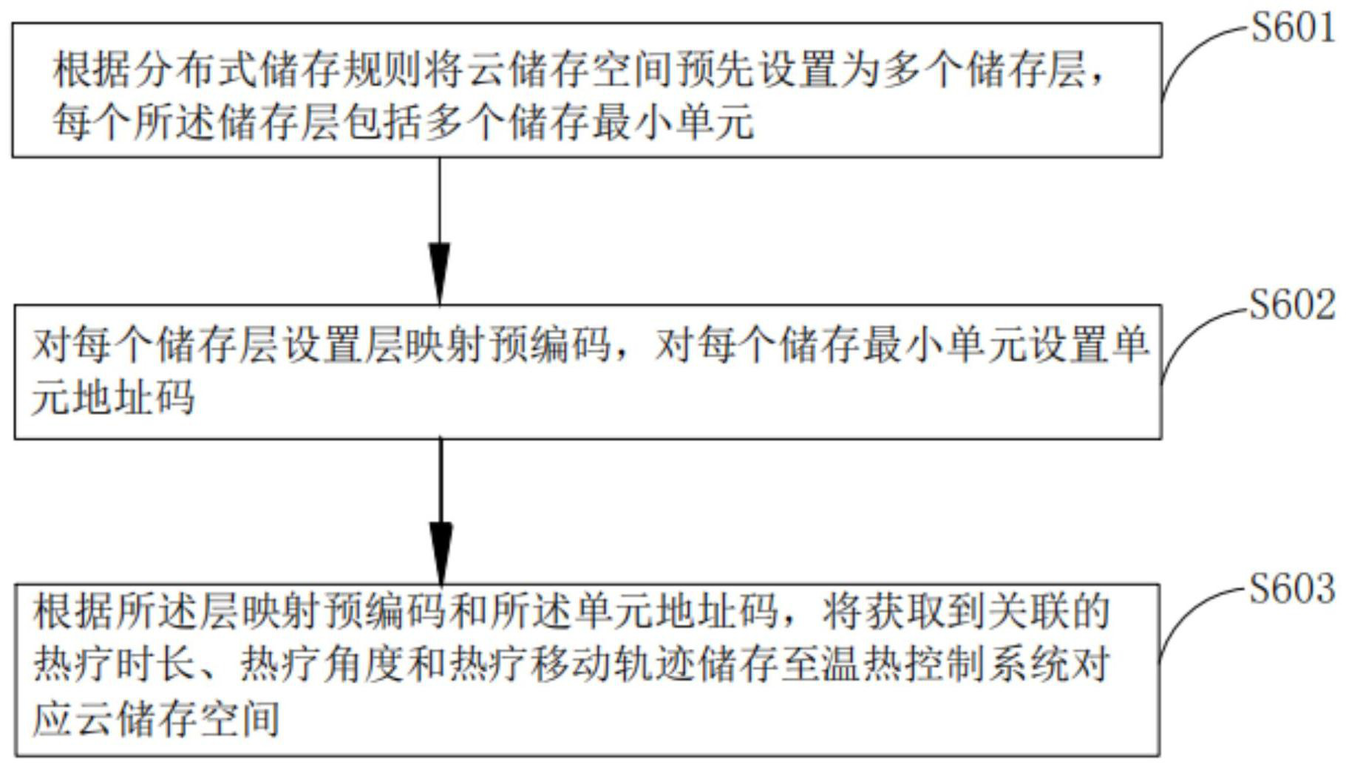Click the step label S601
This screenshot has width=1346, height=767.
(1292, 29)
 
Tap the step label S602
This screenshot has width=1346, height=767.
(1292, 305)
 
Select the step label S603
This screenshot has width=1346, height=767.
(1292, 589)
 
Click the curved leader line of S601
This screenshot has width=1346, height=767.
(1190, 52)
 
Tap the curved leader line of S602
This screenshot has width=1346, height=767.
(1190, 333)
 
